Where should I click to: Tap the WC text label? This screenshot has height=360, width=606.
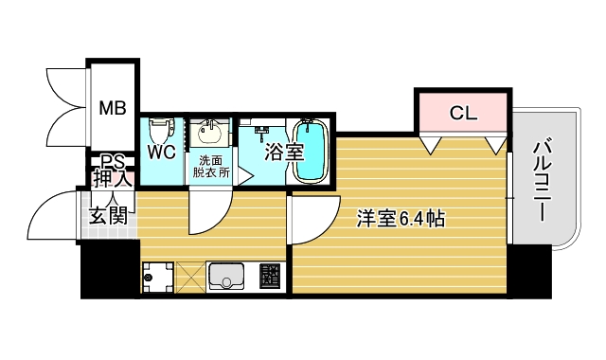coord(159,151)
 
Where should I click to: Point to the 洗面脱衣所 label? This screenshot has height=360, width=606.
coord(211,166)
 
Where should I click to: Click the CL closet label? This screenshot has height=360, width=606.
coord(464,114)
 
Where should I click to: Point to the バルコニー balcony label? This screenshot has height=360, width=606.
coord(542,180)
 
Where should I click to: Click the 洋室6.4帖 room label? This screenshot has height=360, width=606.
coord(401,218)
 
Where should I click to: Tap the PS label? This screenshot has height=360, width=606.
coord(114,161)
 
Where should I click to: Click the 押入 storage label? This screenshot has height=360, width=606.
coord(113,179)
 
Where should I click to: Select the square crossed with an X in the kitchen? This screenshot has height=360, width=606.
coord(189,276)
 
